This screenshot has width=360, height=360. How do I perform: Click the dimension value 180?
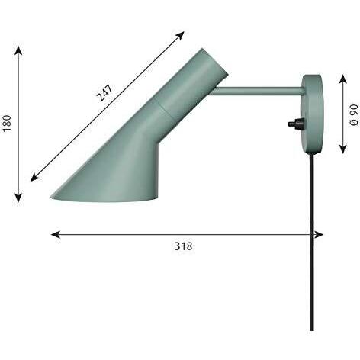(8, 124)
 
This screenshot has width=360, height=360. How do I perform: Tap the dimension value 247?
(104, 93)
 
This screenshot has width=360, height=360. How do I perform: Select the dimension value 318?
(183, 246)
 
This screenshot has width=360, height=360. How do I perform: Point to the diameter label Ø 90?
(355, 114)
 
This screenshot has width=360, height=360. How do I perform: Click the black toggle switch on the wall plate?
(294, 124)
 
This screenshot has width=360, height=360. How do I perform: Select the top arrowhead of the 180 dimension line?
(18, 50)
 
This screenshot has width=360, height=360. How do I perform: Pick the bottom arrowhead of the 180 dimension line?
(18, 198)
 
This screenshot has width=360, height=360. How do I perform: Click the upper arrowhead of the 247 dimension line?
(181, 35)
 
